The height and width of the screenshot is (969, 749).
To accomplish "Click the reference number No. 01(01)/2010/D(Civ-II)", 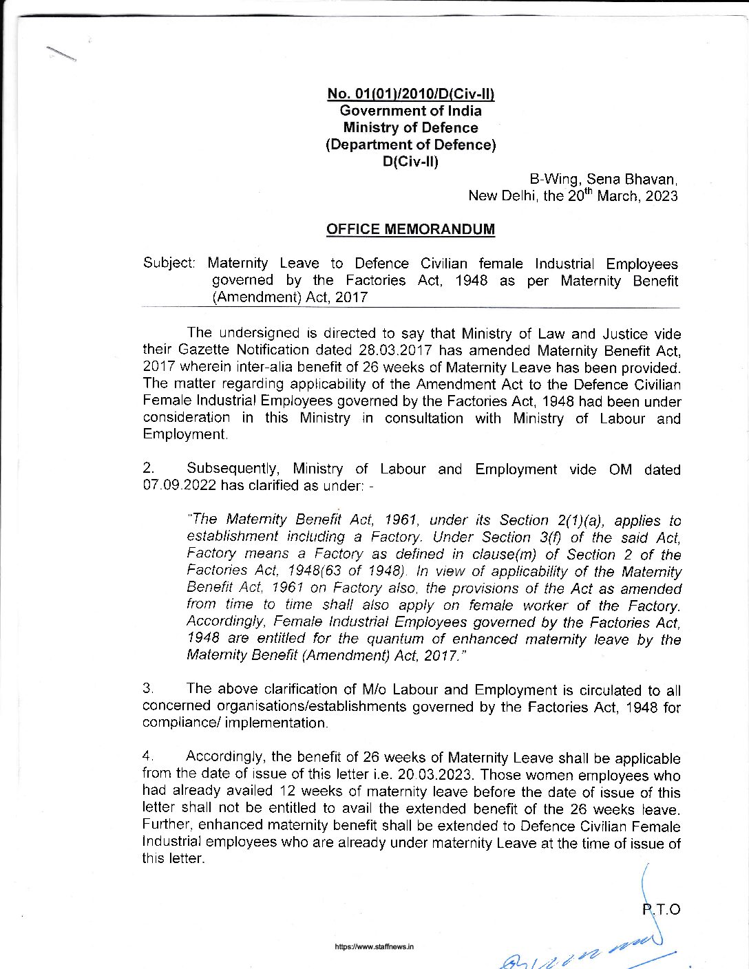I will click(411, 94).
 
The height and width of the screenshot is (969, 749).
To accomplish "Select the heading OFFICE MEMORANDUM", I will click(410, 229).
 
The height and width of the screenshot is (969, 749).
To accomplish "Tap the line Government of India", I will click(411, 111).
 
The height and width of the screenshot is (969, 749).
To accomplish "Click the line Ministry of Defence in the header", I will click(410, 128).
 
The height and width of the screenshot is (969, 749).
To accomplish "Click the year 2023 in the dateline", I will click(662, 196).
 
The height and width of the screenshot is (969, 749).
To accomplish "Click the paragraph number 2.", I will click(147, 469).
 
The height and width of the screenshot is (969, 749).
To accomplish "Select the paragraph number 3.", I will click(147, 688).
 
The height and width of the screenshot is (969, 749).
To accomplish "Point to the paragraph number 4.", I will click(147, 757).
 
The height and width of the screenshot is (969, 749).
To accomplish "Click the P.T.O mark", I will click(662, 910).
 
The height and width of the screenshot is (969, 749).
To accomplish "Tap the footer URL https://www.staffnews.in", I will click(374, 947).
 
